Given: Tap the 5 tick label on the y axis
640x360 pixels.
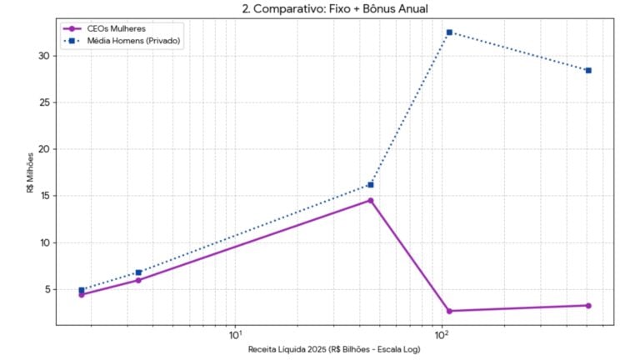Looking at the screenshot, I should tap(47, 289).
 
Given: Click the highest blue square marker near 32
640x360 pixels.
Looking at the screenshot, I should tap(449, 32).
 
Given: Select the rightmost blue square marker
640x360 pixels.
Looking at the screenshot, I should tap(588, 71).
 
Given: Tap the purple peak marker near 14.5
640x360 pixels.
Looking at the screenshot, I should tap(371, 201).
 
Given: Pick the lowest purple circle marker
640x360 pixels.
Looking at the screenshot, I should tap(449, 311).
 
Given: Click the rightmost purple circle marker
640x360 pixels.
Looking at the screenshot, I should tap(588, 306).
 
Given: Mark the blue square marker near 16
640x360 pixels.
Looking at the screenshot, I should tap(371, 185).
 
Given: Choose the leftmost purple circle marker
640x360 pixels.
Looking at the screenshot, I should tap(82, 294).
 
